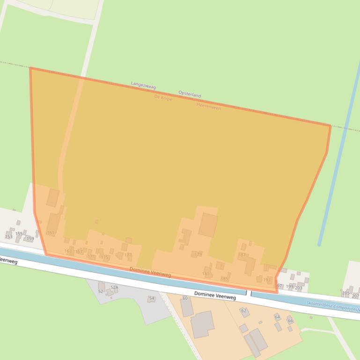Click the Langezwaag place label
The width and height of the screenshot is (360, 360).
click(x=143, y=86)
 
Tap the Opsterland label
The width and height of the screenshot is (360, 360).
click(x=190, y=94)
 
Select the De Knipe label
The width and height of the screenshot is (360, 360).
click(x=163, y=98)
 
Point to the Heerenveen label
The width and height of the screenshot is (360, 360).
click(x=209, y=107)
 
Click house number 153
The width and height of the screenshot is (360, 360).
click(x=8, y=237)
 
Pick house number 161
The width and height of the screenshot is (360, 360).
click(x=51, y=233)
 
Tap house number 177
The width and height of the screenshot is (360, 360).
click(x=128, y=255)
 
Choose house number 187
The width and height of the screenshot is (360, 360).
click(x=242, y=255)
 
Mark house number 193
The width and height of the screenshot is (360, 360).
click(x=267, y=280)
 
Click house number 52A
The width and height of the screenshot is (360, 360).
click(x=114, y=287)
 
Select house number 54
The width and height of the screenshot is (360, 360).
click(x=151, y=298)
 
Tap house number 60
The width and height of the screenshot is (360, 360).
click(x=185, y=298)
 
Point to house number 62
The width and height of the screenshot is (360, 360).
click(x=243, y=310)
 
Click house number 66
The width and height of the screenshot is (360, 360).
click(x=290, y=321)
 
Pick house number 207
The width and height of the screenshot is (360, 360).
click(x=355, y=296)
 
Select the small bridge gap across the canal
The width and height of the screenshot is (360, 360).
click(x=249, y=293)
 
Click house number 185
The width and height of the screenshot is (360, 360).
click(x=224, y=279)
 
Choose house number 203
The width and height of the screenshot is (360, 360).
click(x=298, y=288)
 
